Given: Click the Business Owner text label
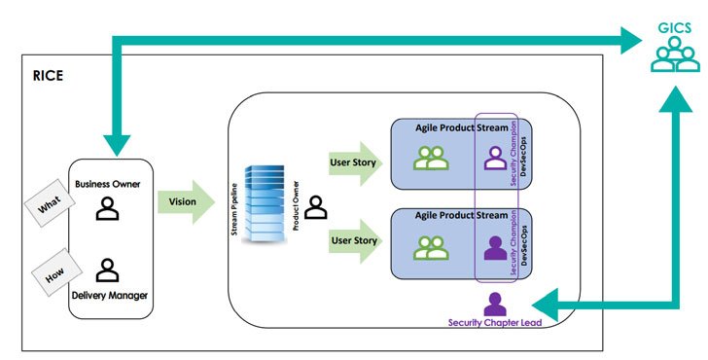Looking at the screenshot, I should (110, 183).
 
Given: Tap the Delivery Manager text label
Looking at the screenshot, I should (110, 296).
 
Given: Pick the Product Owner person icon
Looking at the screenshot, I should (315, 207).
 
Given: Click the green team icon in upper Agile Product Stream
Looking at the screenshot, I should (430, 158).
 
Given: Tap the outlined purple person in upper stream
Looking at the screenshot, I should (494, 158).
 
